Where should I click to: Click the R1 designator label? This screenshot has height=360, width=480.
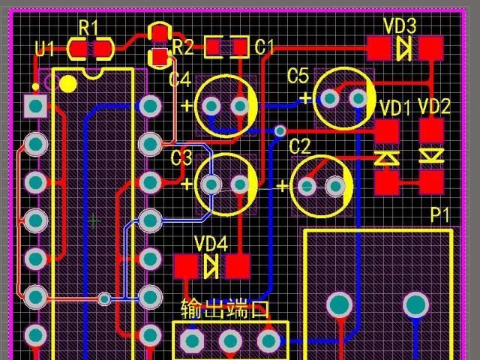coord(88,28)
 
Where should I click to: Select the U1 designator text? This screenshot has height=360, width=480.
coord(45,49)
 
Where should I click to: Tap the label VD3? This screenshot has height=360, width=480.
coord(400,26)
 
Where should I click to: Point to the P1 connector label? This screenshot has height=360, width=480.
coord(440,216)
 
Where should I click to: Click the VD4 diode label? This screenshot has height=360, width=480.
coord(211,244)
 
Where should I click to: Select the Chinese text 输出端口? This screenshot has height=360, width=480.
coord(224,309)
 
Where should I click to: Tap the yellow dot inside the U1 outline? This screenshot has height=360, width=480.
coord(67,83)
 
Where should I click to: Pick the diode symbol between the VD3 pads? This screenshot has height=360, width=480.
coord(404,49)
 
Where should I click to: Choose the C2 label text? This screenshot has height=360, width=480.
coord(299,145)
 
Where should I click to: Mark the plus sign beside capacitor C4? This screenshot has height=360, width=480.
coord(186,105)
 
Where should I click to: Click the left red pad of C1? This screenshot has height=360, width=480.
coord(214,48)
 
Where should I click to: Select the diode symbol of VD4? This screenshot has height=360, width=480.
coord(211,265)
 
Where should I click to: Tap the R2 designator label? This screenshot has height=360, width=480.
coord(182,48)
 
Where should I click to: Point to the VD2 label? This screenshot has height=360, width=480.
coord(434,106)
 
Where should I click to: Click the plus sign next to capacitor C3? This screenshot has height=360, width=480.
coord(187,183)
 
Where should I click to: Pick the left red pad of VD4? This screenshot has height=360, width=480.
coord(184,265)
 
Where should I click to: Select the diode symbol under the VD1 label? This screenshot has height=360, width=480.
coord(387,157)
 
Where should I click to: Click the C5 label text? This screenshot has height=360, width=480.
coord(298,76)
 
